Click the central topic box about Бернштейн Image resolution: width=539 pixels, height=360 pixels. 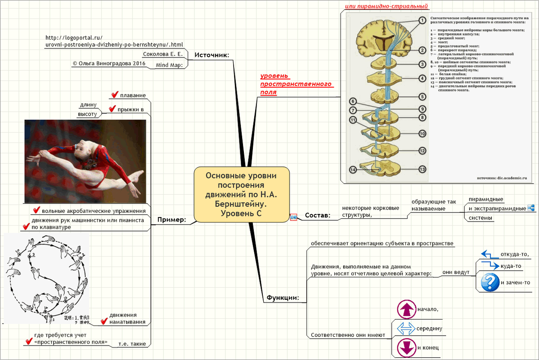click(x=241, y=195)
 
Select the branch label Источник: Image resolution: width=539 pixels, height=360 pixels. click(x=212, y=55)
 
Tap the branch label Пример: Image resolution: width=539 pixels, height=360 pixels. click(x=171, y=220)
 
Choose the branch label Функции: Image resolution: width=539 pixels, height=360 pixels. click(x=283, y=298)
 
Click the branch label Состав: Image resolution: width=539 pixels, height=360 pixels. click(x=317, y=216)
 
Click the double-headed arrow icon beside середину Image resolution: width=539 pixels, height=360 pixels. click(x=406, y=329)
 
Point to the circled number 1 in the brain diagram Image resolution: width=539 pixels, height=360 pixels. click(x=422, y=20)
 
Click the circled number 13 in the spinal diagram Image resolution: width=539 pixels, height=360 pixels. click(x=422, y=169)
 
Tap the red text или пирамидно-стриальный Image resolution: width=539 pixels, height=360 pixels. click(x=386, y=7)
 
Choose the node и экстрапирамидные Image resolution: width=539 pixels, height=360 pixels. click(x=497, y=209)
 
